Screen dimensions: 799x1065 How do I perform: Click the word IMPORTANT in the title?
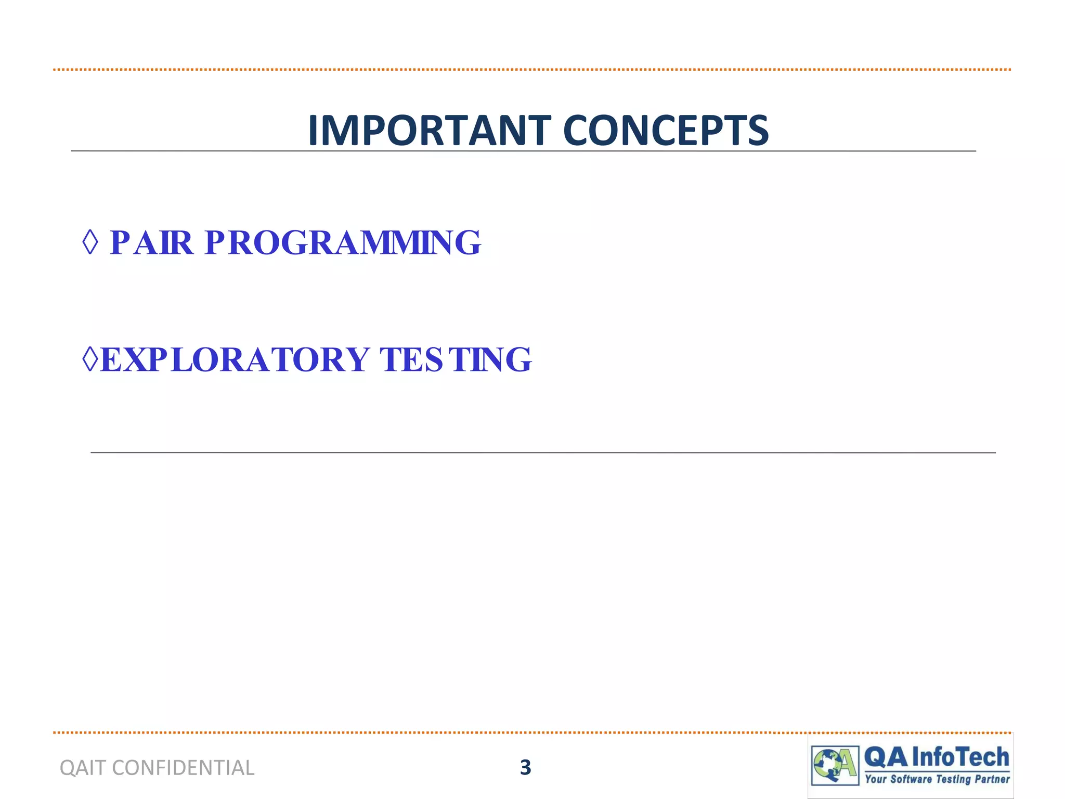[429, 131]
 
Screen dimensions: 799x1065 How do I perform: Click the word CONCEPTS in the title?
[666, 131]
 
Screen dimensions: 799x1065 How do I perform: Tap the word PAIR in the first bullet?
[151, 242]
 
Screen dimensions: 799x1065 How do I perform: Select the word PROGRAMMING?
[343, 242]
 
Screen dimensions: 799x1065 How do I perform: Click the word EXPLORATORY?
[235, 359]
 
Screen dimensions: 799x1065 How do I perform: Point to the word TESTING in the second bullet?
[456, 359]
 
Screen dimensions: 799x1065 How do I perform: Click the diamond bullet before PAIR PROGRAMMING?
[90, 242]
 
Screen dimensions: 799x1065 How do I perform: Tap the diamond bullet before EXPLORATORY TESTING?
[90, 359]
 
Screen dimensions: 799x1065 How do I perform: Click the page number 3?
[525, 768]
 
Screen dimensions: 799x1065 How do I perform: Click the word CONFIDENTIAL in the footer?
[183, 768]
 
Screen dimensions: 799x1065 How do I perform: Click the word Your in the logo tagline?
[876, 779]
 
